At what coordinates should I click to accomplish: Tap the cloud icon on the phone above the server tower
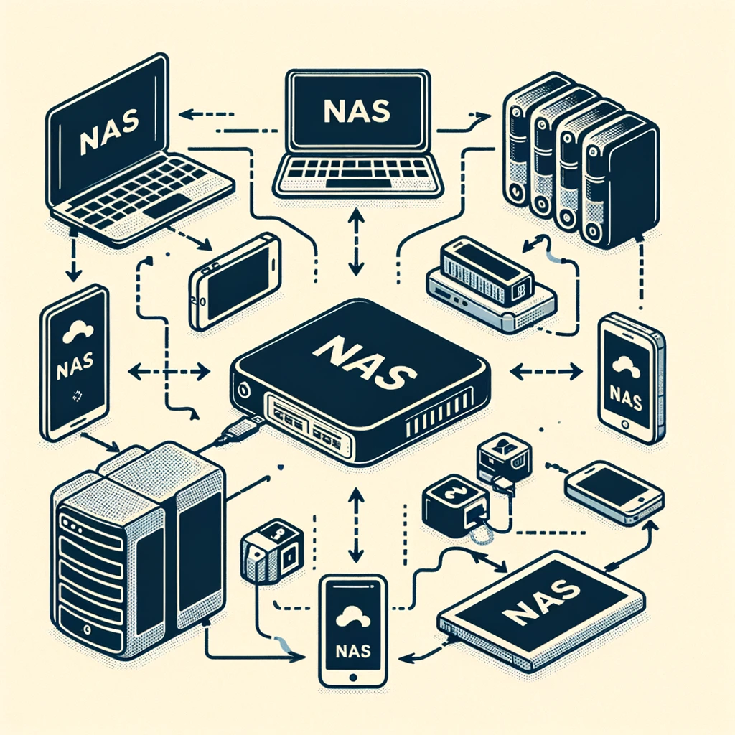[x=75, y=332]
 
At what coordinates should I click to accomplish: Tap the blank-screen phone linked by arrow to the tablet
[x=614, y=492]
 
